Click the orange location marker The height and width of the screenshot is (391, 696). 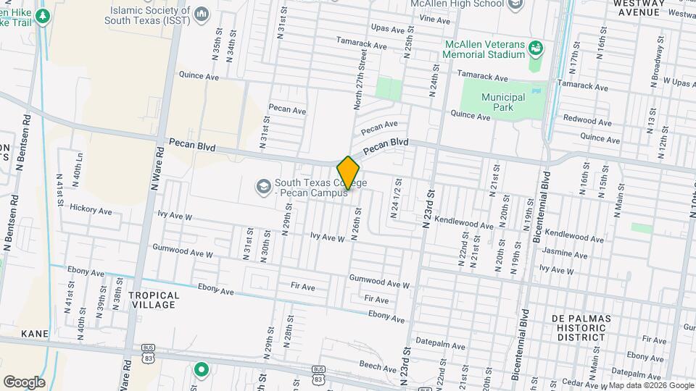[x=348, y=173]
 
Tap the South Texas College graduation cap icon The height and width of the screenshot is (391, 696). [x=262, y=188]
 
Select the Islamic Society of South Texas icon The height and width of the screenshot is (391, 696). [x=202, y=14]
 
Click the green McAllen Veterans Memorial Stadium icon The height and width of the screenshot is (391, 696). [x=536, y=49]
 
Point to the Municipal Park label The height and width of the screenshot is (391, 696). [x=503, y=102]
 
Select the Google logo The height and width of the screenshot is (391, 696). [x=23, y=382]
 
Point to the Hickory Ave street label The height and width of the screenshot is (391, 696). [x=91, y=210]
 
